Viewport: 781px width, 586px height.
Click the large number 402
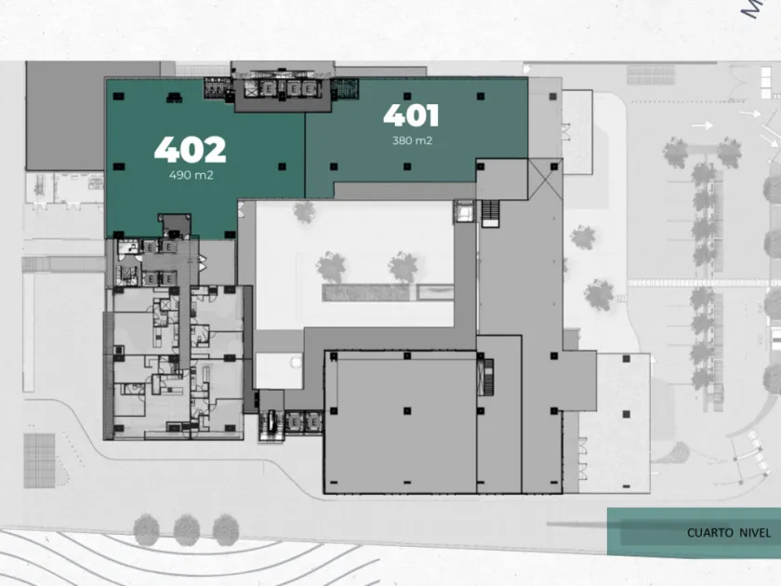pyautogui.click(x=190, y=149)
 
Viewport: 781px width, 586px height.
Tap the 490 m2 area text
pyautogui.click(x=192, y=175)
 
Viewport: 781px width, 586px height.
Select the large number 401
pyautogui.click(x=411, y=116)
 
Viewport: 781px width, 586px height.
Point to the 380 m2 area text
pyautogui.click(x=412, y=141)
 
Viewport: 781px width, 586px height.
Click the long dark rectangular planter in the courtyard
pyautogui.click(x=367, y=292)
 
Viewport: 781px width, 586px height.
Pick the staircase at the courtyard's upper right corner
pyautogui.click(x=491, y=213)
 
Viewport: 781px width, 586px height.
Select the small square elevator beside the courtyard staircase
pyautogui.click(x=463, y=212)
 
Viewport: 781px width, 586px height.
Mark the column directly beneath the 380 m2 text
pyautogui.click(x=408, y=167)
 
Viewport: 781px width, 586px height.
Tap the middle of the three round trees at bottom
pyautogui.click(x=186, y=530)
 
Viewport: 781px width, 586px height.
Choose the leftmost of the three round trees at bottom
pyautogui.click(x=147, y=530)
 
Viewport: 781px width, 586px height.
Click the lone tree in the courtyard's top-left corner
pyautogui.click(x=305, y=212)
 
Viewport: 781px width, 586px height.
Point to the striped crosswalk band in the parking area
pyautogui.click(x=704, y=282)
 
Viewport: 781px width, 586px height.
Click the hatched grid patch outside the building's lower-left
pyautogui.click(x=39, y=459)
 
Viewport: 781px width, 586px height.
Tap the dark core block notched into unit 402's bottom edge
pyautogui.click(x=175, y=226)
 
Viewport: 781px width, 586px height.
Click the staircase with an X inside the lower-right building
pyautogui.click(x=483, y=375)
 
